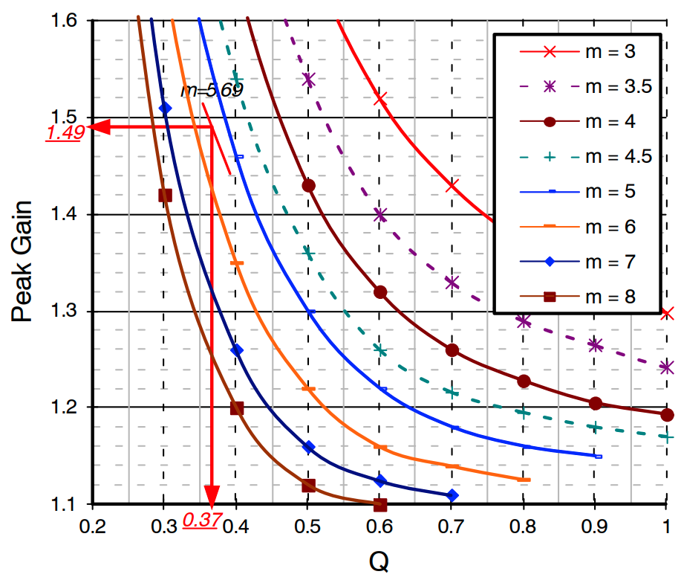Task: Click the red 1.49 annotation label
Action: (63, 134)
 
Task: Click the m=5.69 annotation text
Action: (212, 91)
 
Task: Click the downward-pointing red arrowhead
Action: (212, 495)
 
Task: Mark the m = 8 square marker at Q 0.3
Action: (165, 196)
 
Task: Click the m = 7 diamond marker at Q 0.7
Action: (452, 495)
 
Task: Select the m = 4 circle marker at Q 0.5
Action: (308, 185)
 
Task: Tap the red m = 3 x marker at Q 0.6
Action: (380, 99)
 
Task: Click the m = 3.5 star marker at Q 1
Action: (667, 367)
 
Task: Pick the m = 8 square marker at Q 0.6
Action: (380, 505)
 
